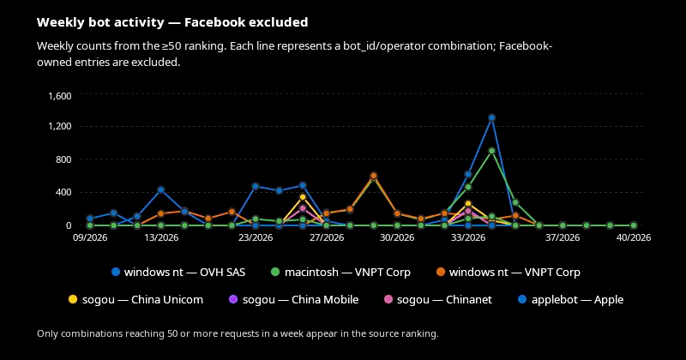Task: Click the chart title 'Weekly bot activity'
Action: tap(100, 22)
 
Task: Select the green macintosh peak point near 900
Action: tap(491, 151)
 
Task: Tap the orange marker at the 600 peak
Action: tap(374, 176)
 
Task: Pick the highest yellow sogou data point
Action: tap(303, 197)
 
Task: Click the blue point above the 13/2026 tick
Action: tap(161, 189)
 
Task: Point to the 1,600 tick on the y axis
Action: tap(60, 96)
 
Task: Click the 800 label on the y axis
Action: tap(63, 159)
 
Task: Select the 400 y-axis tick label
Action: tap(63, 193)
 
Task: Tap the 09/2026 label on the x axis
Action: tap(90, 237)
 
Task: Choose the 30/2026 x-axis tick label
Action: tap(397, 237)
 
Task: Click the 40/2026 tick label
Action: tap(634, 237)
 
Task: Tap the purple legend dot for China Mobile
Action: tap(233, 300)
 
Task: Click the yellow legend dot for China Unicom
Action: tap(73, 300)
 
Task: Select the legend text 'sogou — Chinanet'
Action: tap(444, 300)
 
